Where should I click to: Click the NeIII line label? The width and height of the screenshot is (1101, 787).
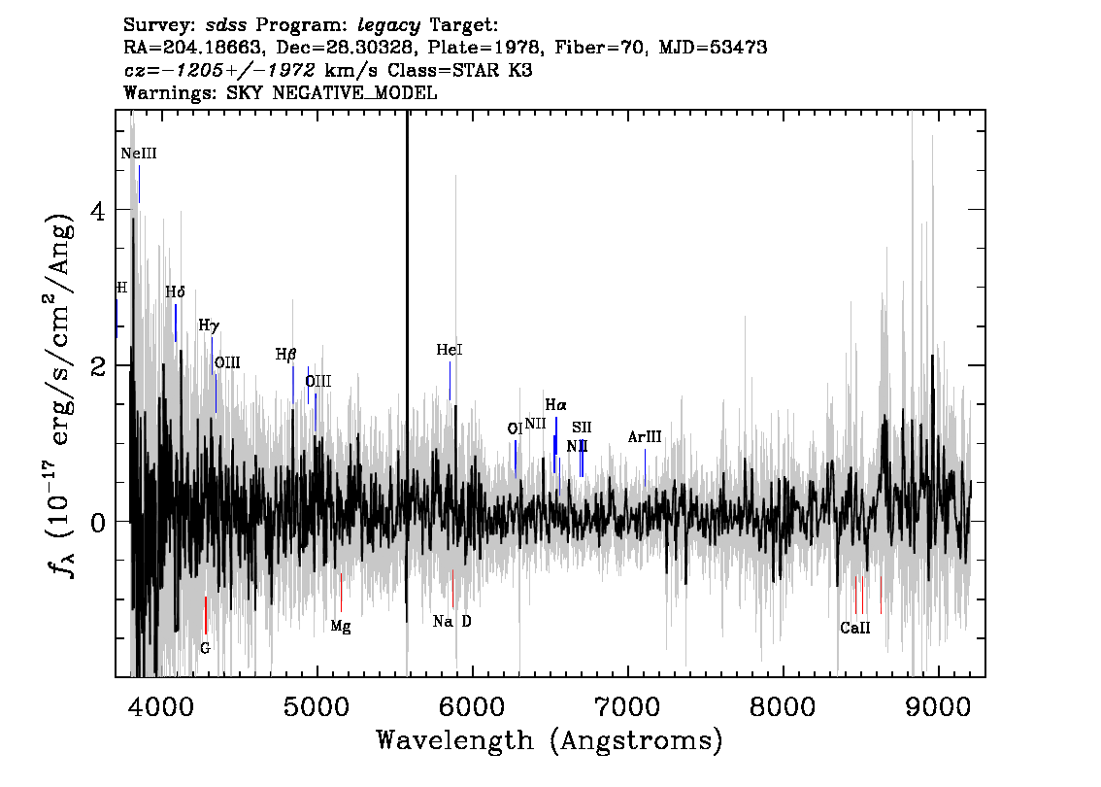coord(138,154)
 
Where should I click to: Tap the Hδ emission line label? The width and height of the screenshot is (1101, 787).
coord(175,291)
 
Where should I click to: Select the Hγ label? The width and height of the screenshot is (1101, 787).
coord(209,325)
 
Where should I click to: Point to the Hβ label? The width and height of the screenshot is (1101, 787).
coord(285,355)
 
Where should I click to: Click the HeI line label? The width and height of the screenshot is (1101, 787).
coord(450,349)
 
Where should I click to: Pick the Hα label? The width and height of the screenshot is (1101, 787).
coord(555,405)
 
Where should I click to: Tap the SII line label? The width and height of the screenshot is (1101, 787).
coord(582,428)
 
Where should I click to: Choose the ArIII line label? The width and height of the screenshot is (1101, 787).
coord(645,437)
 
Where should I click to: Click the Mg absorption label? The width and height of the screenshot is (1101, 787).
coord(341,626)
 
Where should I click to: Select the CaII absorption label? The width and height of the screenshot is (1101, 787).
coord(855,628)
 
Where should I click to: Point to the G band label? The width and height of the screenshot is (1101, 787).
coord(205,648)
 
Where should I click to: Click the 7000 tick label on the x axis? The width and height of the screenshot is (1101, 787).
coord(627,707)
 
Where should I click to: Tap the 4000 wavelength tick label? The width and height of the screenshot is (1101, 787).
coord(161,707)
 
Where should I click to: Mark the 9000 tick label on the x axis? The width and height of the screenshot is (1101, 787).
coord(937,707)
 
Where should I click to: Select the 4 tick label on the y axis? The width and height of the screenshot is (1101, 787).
coord(98,210)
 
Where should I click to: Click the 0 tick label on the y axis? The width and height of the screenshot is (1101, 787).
coord(98,522)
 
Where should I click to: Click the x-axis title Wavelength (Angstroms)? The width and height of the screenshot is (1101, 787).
coord(550,740)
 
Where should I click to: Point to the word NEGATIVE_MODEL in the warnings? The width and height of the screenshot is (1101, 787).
coord(354,92)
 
